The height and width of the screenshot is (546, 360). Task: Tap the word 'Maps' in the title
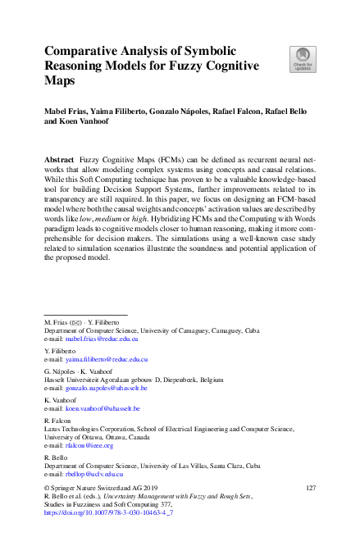click(x=60, y=82)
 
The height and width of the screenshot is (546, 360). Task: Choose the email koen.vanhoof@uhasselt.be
click(x=103, y=408)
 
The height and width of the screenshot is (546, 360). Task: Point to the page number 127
click(x=310, y=488)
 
